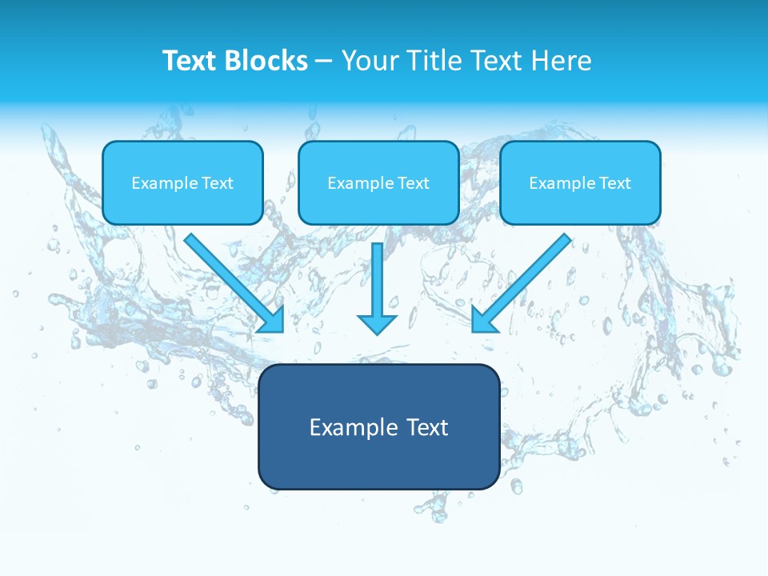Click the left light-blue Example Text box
[x=182, y=182]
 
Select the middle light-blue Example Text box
[x=378, y=182]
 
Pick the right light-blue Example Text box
[x=580, y=182]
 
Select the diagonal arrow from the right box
[x=528, y=276]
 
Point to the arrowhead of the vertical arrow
[x=377, y=323]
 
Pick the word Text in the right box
[x=614, y=183]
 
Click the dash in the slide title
[x=324, y=62]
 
